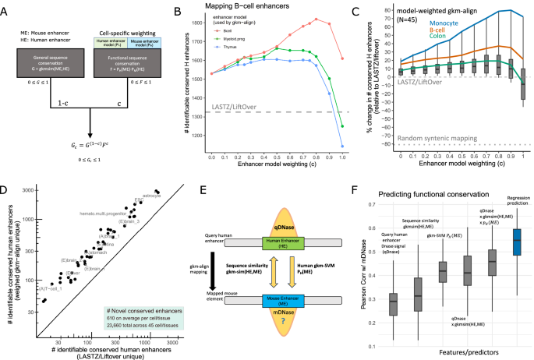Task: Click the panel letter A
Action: click(x=5, y=8)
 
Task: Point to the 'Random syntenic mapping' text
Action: click(x=435, y=137)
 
